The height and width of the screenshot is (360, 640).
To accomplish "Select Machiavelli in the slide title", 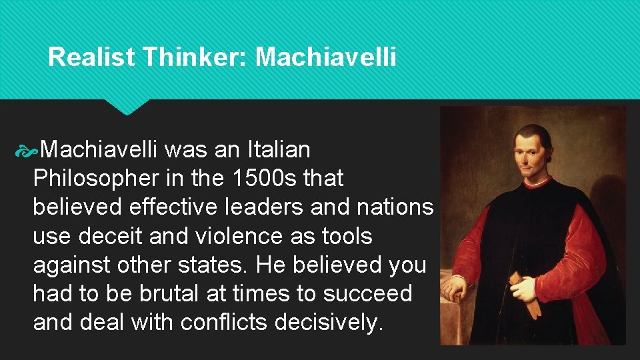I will (x=326, y=57).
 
